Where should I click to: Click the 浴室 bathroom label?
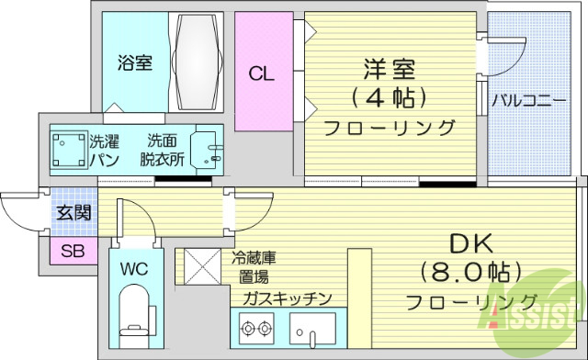click(x=134, y=63)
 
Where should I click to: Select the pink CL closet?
click(x=262, y=73)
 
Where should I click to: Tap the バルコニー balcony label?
click(x=527, y=99)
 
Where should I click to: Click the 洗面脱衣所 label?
click(x=163, y=150)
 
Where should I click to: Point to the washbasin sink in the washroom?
click(x=206, y=149)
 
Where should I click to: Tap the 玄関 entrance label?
click(x=73, y=214)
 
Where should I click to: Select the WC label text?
click(x=132, y=270)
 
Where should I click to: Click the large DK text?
click(x=470, y=242)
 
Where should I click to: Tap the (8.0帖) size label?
click(x=470, y=273)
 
